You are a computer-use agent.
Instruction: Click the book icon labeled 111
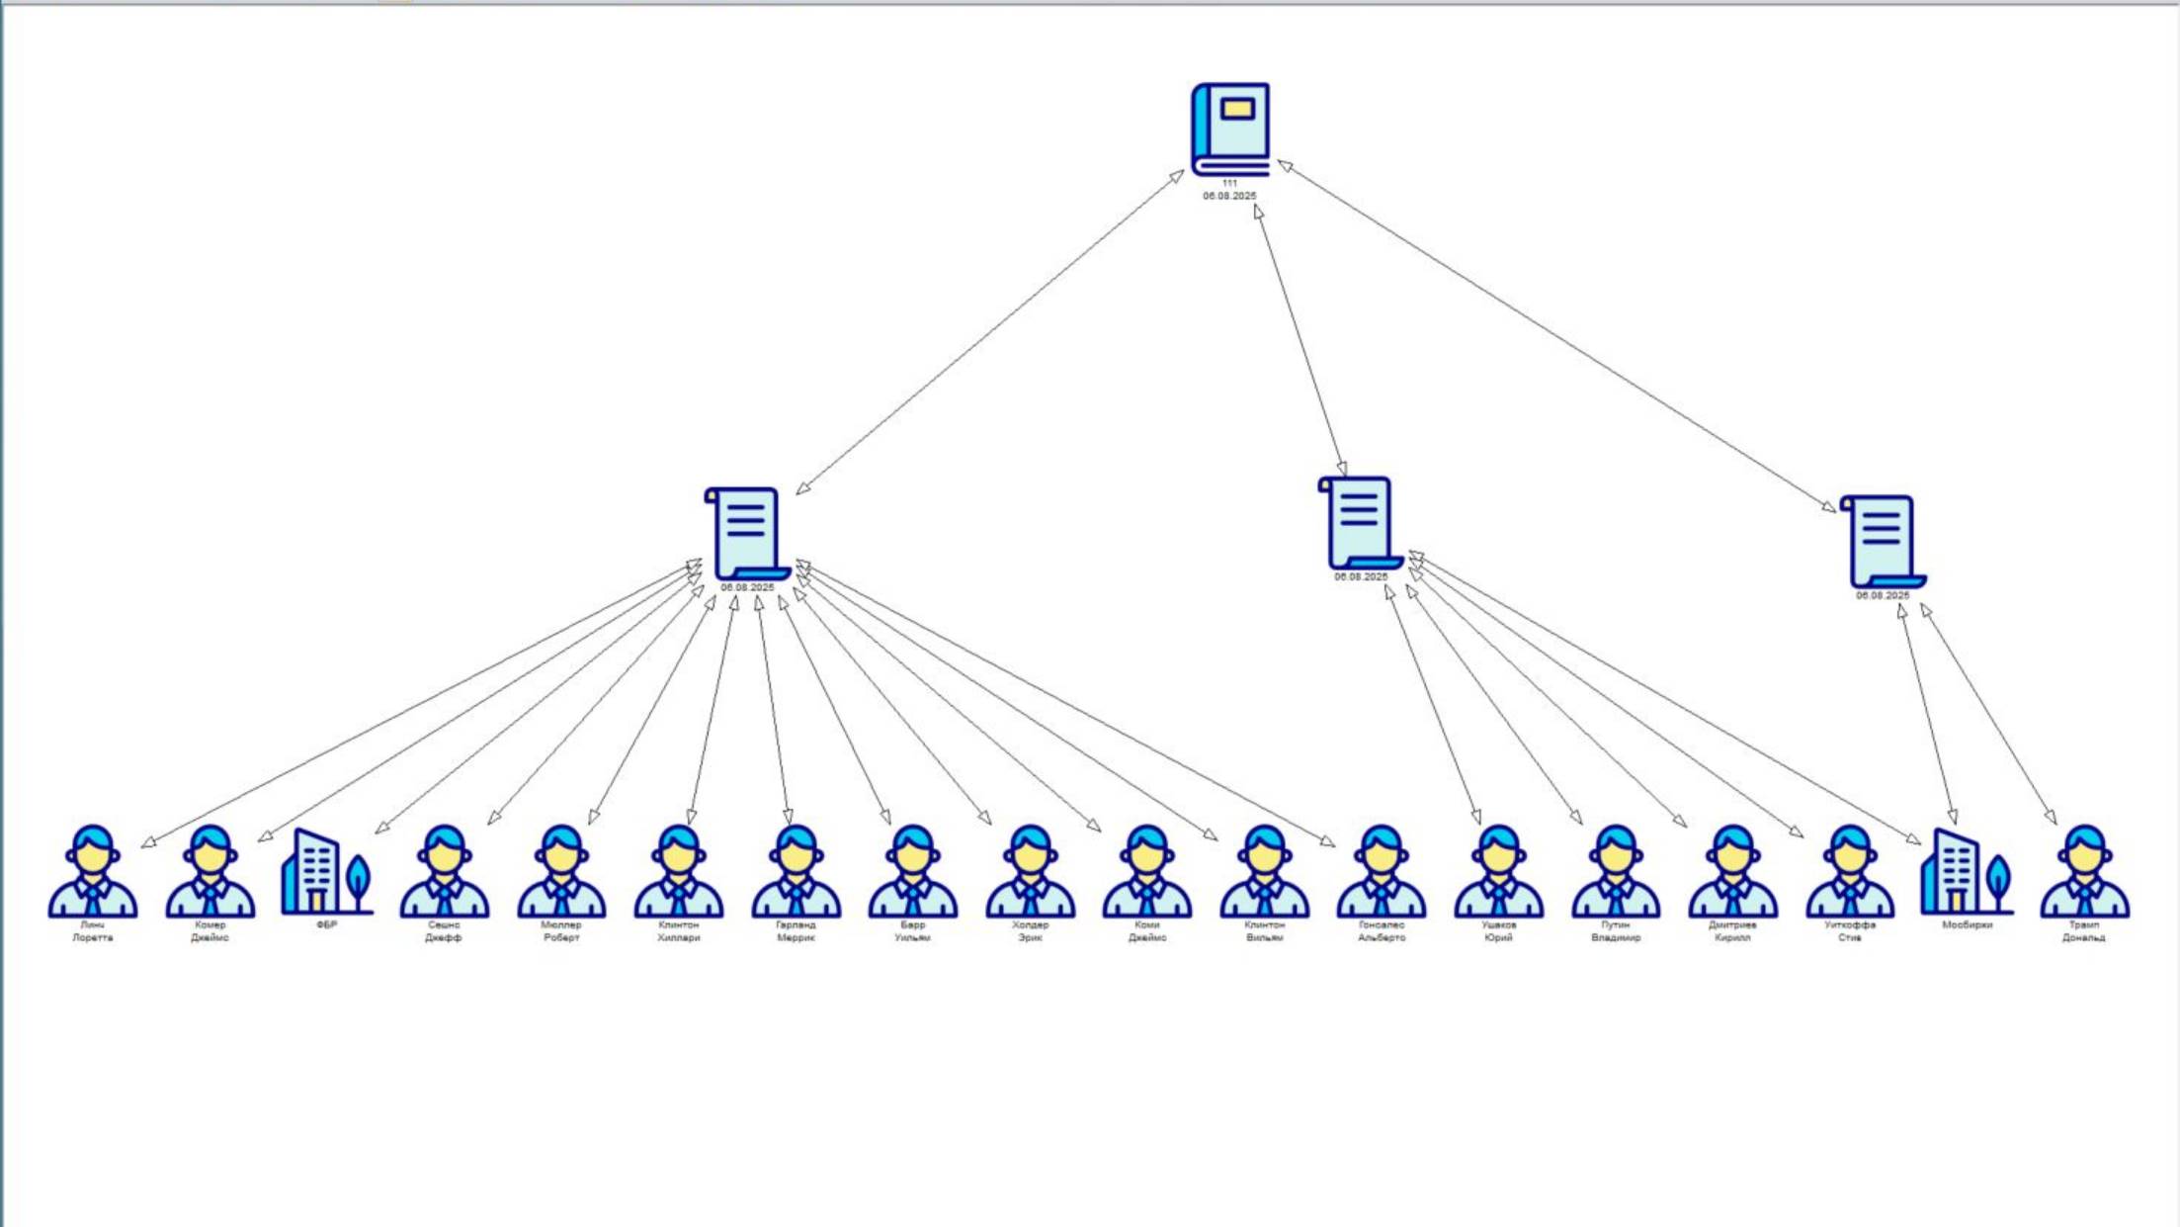click(x=1230, y=129)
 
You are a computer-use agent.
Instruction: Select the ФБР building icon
click(x=315, y=872)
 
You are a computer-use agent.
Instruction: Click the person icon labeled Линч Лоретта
click(x=93, y=872)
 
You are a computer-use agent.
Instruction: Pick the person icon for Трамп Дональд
click(x=2084, y=872)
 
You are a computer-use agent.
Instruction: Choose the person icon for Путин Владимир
click(x=1616, y=872)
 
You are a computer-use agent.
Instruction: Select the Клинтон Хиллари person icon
click(x=679, y=872)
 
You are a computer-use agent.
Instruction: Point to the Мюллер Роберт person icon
click(x=561, y=872)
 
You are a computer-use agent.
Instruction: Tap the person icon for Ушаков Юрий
click(x=1498, y=872)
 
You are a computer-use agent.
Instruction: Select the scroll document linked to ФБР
click(x=747, y=533)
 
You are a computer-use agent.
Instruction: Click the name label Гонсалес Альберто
click(x=1382, y=931)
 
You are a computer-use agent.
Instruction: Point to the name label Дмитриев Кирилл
click(x=1732, y=931)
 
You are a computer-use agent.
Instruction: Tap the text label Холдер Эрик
click(x=1030, y=931)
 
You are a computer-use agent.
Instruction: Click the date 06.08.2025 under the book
click(x=1229, y=196)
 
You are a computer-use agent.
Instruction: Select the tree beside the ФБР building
click(x=359, y=880)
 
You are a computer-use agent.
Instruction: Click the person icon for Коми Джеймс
click(x=1147, y=872)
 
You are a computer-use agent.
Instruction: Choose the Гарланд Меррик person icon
click(x=796, y=872)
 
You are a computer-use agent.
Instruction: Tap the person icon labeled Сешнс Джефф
click(x=445, y=872)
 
